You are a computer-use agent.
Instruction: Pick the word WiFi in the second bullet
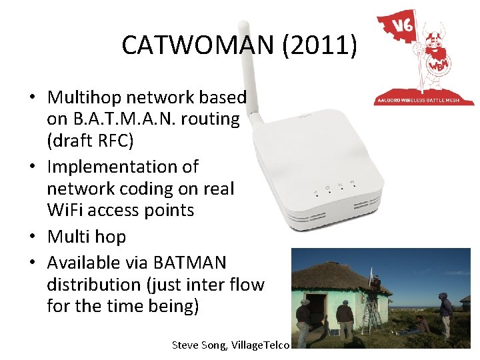(x=66, y=211)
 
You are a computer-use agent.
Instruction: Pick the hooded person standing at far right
(x=445, y=312)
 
